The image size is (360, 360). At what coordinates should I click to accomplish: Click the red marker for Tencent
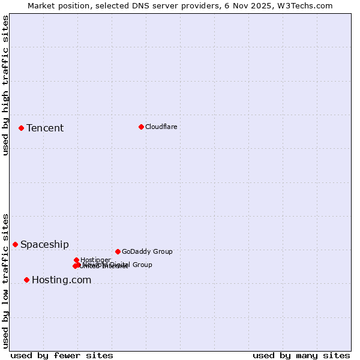pyautogui.click(x=21, y=128)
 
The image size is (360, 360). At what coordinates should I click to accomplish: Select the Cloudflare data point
pyautogui.click(x=141, y=127)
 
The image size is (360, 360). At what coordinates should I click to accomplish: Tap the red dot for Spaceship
pyautogui.click(x=15, y=244)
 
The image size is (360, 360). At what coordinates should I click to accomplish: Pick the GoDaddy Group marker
pyautogui.click(x=118, y=251)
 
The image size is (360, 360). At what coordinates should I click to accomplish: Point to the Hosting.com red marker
pyautogui.click(x=26, y=280)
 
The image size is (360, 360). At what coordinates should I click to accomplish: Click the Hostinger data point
pyautogui.click(x=76, y=260)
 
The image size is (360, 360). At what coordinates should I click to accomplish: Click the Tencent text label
pyautogui.click(x=45, y=128)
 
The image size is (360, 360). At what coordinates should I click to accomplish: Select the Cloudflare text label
pyautogui.click(x=161, y=127)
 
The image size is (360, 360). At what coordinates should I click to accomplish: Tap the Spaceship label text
pyautogui.click(x=44, y=244)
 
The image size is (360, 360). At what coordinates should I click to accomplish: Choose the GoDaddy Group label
pyautogui.click(x=147, y=251)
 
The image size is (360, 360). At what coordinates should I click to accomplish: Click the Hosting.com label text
pyautogui.click(x=61, y=280)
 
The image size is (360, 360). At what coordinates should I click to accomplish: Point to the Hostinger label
pyautogui.click(x=95, y=260)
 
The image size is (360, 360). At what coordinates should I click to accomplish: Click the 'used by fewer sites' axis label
pyautogui.click(x=62, y=355)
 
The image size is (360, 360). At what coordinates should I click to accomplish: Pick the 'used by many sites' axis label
pyautogui.click(x=301, y=355)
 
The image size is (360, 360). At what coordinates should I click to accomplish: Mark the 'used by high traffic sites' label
pyautogui.click(x=5, y=85)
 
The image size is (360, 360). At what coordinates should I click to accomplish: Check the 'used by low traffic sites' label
pyautogui.click(x=5, y=280)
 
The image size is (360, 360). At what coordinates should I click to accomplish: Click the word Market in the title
pyautogui.click(x=41, y=5)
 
